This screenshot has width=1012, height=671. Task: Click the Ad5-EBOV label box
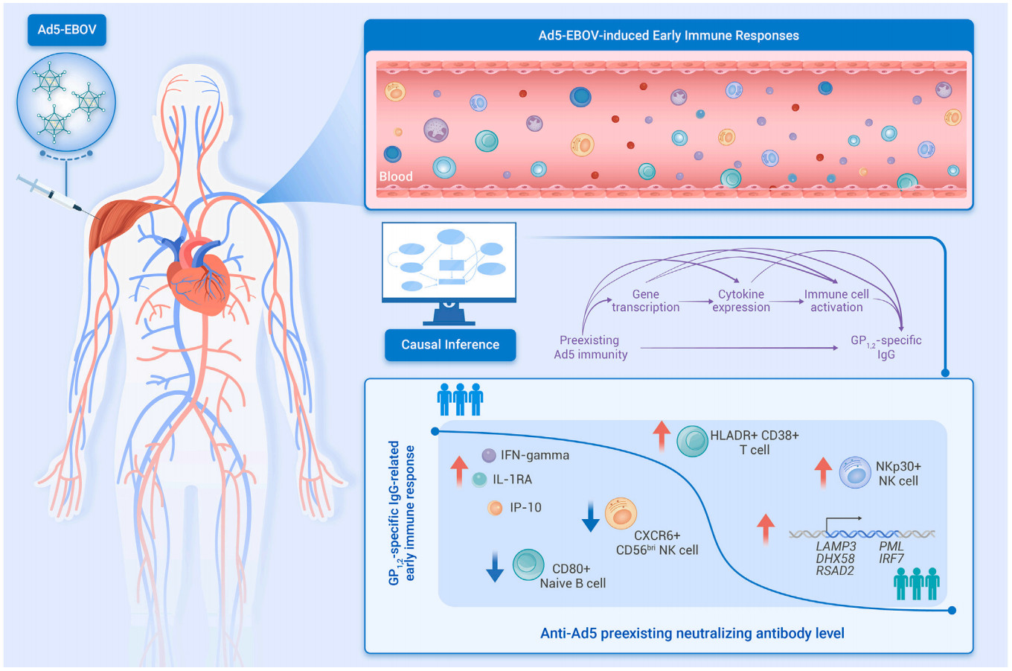pos(67,30)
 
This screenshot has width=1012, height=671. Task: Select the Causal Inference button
pos(450,345)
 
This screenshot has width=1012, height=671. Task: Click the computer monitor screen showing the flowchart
pos(449,261)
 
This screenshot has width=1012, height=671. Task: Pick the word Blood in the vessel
pos(396,177)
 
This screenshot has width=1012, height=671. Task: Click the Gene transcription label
pos(646,301)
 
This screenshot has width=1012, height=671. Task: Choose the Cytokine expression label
pos(741,301)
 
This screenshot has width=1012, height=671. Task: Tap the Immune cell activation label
pos(836,301)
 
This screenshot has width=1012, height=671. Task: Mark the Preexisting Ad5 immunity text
pos(591,347)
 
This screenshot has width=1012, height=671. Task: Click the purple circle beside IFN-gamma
pos(489,455)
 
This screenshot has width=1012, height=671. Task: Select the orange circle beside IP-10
pos(495,508)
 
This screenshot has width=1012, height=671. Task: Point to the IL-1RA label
pos(512,480)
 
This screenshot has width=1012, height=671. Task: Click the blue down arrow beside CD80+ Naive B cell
pos(495,567)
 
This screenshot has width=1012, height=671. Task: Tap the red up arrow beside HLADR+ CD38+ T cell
pos(662,436)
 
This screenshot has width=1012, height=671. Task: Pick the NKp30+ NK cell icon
pos(855,472)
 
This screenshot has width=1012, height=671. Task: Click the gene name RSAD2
pos(835,571)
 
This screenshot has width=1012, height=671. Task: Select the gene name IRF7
pos(891,559)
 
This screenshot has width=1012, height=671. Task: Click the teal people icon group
pos(917,584)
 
